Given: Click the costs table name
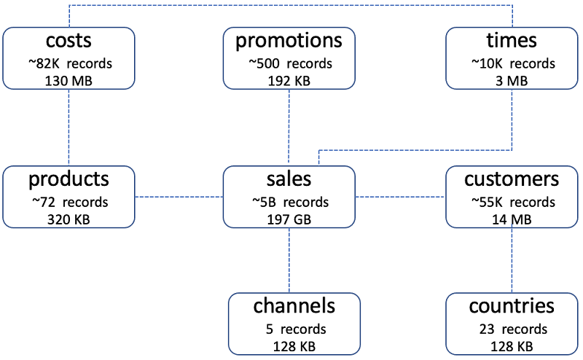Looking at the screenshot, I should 69,40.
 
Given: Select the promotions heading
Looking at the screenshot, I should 289,40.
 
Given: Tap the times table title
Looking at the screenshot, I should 512,40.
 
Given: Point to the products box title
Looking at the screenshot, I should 69,179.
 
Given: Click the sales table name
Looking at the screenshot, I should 289,179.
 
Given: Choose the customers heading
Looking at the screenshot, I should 512,179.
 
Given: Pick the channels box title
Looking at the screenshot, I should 294,305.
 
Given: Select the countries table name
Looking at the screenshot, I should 512,305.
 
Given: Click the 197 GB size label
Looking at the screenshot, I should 289,219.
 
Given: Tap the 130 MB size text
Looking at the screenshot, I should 69,80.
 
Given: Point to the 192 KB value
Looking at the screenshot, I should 289,80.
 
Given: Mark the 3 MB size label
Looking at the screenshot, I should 512,80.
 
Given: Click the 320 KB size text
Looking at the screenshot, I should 69,219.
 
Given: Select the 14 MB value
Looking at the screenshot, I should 512,219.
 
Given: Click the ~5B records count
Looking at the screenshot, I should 289,202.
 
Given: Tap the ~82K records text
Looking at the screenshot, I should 69,63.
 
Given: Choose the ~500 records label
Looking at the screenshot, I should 289,63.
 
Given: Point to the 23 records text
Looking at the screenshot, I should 512,329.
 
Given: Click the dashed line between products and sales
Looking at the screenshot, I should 179,197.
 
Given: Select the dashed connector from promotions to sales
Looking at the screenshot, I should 289,127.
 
